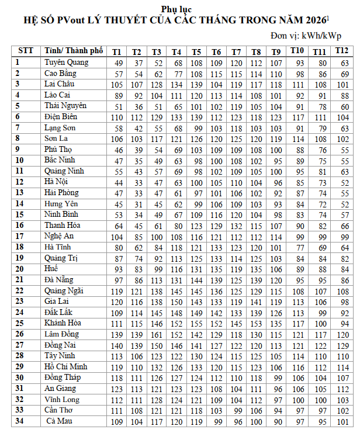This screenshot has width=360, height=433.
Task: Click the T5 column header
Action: tap(197, 51)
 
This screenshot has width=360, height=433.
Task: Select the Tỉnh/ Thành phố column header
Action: tap(72, 51)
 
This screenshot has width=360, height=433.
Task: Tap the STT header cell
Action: tap(26, 51)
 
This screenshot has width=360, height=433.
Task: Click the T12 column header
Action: tap(342, 51)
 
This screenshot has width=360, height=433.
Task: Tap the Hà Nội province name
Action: tap(57, 182)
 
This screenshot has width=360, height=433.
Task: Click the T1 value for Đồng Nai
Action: tap(118, 345)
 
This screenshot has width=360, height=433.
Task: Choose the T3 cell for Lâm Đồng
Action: tap(157, 334)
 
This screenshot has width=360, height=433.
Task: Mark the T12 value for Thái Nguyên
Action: tap(344, 106)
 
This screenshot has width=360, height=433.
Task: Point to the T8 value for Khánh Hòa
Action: tap(256, 324)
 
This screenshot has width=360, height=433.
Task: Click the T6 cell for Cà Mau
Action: tap(217, 421)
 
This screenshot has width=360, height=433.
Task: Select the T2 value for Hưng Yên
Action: tap(138, 204)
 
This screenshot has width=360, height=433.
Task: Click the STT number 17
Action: tap(20, 236)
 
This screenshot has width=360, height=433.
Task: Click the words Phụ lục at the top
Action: tap(176, 9)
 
